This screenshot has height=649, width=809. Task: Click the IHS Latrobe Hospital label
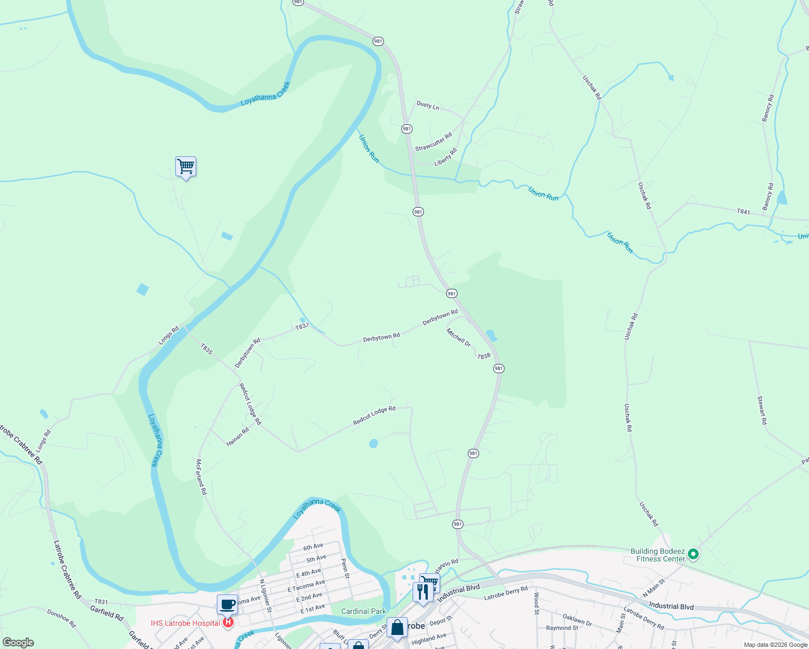pyautogui.click(x=185, y=623)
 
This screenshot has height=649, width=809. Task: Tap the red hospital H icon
pyautogui.click(x=228, y=622)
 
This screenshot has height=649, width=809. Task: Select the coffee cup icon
pyautogui.click(x=228, y=604)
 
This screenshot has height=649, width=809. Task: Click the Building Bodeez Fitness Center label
pyautogui.click(x=658, y=555)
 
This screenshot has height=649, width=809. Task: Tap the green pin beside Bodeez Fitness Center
pyautogui.click(x=693, y=554)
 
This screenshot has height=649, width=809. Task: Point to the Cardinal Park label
pyautogui.click(x=363, y=611)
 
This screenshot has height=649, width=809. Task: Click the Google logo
pyautogui.click(x=18, y=643)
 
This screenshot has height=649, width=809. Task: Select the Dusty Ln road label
pyautogui.click(x=428, y=105)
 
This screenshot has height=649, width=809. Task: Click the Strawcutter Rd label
pyautogui.click(x=433, y=142)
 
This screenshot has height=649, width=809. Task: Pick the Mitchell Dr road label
pyautogui.click(x=459, y=337)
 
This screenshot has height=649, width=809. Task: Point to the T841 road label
pyautogui.click(x=744, y=212)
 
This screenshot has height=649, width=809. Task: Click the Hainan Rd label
pyautogui.click(x=237, y=436)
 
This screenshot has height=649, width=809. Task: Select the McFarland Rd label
pyautogui.click(x=201, y=476)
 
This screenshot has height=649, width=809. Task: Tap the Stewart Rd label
pyautogui.click(x=761, y=410)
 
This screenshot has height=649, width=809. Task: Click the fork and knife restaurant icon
pyautogui.click(x=423, y=591)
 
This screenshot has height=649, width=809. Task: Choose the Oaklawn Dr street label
pyautogui.click(x=577, y=620)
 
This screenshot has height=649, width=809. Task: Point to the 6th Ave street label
pyautogui.click(x=313, y=547)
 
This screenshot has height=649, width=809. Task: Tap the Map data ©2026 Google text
pyautogui.click(x=775, y=645)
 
